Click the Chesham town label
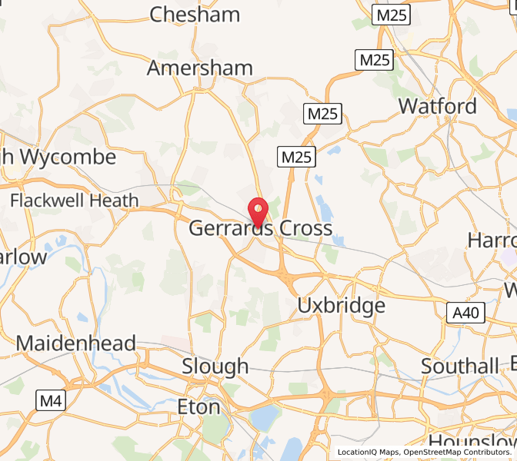[x=195, y=15]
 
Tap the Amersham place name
[x=199, y=68]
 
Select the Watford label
[x=437, y=106]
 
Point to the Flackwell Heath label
[x=75, y=201]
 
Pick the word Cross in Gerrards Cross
[x=305, y=228]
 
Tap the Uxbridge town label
[x=341, y=306]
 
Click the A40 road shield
[x=465, y=312]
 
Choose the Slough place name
[x=215, y=366]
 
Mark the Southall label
[x=460, y=366]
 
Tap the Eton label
[x=198, y=406]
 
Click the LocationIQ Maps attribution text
[x=368, y=453]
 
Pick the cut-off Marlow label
[x=23, y=257]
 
